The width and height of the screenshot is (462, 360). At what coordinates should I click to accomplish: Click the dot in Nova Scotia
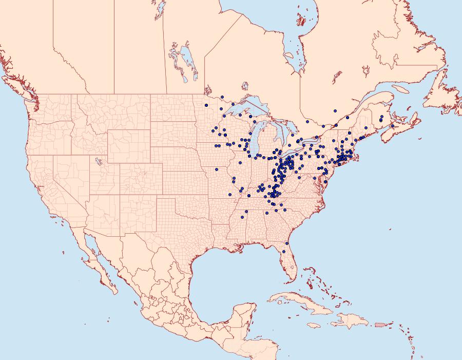pos(393,126)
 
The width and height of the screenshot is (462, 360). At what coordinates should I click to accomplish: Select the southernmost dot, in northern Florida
pos(284,252)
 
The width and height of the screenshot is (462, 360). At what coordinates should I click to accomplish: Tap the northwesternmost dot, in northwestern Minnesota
pos(206,105)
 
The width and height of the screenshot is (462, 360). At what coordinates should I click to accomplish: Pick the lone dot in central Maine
pos(365,128)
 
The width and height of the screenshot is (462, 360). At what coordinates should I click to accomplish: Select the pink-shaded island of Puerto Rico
pos(380,324)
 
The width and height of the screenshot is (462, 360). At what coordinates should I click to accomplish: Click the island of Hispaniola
pos(349,321)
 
